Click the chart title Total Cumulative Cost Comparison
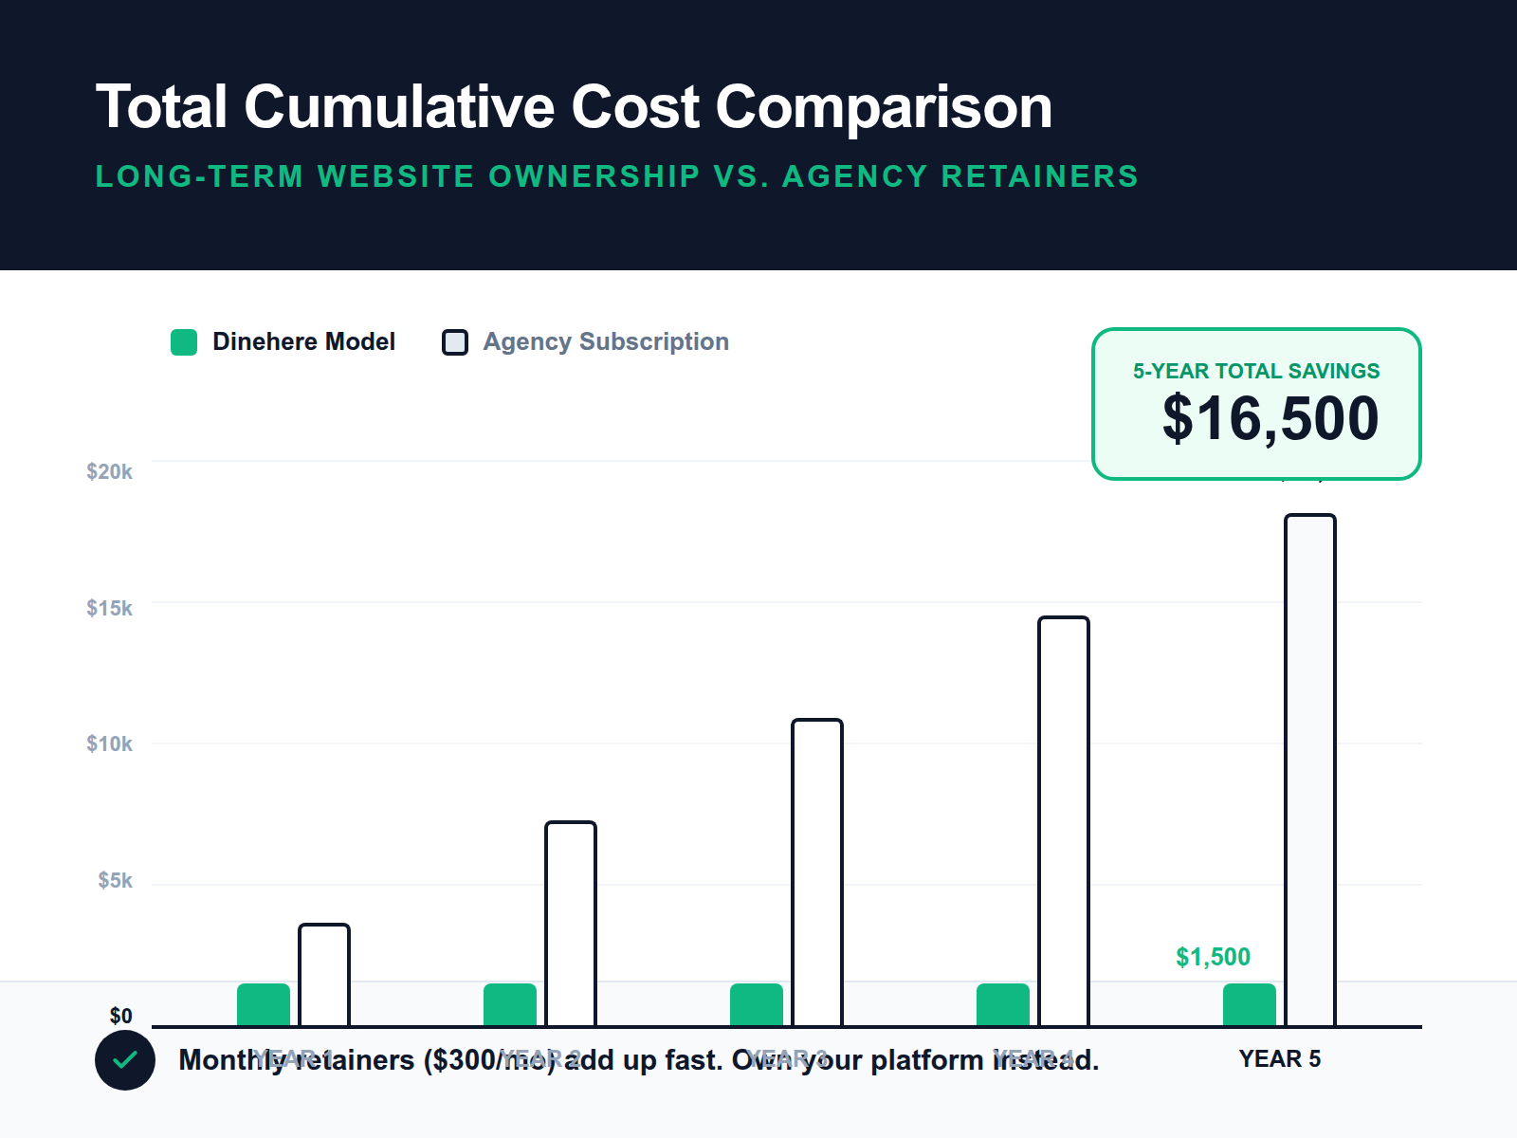574,106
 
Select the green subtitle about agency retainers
616,176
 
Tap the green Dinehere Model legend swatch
184,342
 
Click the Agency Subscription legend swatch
455,342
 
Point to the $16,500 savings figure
1270,418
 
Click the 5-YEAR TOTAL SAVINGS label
1256,371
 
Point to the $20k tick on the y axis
109,471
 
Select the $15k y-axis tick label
109,608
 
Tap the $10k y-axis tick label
109,743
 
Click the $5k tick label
115,880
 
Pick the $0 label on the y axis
120,1016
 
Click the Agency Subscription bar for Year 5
1310,768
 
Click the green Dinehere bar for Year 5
1250,1004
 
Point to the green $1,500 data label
1213,957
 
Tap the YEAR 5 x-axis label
1279,1058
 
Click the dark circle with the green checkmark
125,1060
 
